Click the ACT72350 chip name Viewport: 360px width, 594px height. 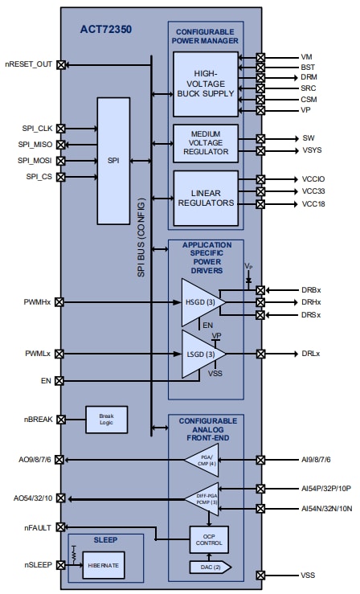105,30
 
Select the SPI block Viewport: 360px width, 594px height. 112,161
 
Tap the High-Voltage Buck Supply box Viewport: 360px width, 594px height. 206,84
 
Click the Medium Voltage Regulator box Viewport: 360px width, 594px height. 206,143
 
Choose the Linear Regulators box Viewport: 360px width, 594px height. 206,198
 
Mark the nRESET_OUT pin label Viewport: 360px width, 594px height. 29,64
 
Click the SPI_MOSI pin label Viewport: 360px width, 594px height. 33,160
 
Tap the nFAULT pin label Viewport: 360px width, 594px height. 38,528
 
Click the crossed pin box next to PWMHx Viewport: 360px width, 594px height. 61,302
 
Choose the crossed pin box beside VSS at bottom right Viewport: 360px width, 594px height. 260,576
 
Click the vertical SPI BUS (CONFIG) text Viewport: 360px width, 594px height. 141,238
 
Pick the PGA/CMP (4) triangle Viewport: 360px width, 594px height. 201,461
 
